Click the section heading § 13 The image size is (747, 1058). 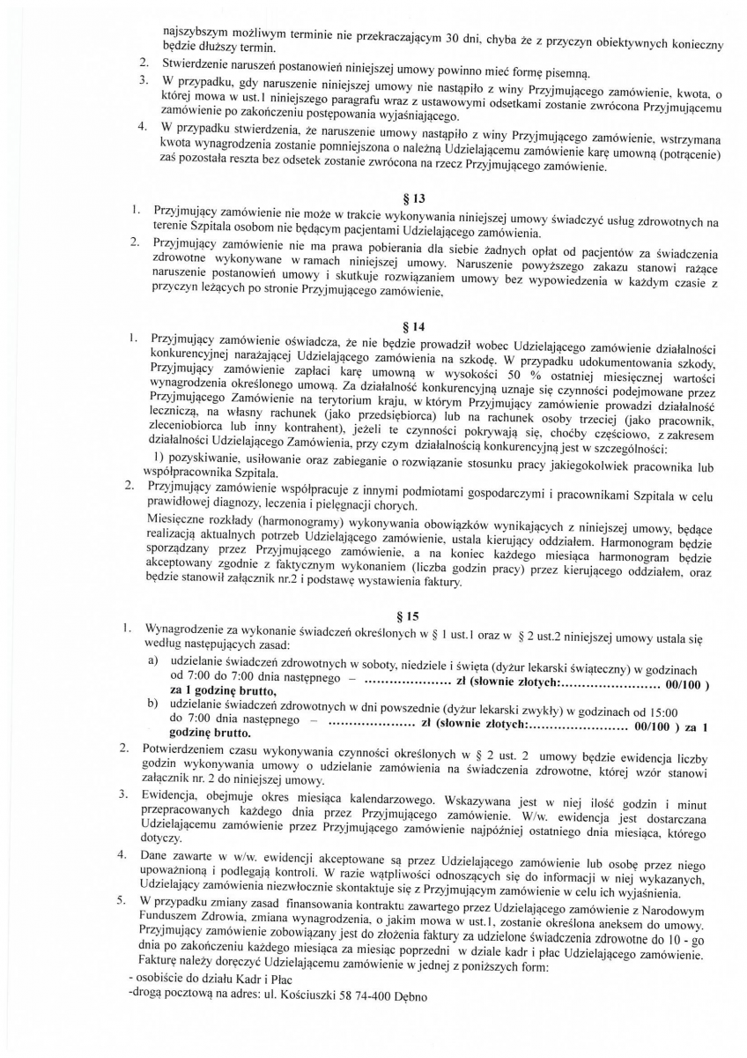(x=407, y=198)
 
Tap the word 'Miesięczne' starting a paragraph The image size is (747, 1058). (x=181, y=515)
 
